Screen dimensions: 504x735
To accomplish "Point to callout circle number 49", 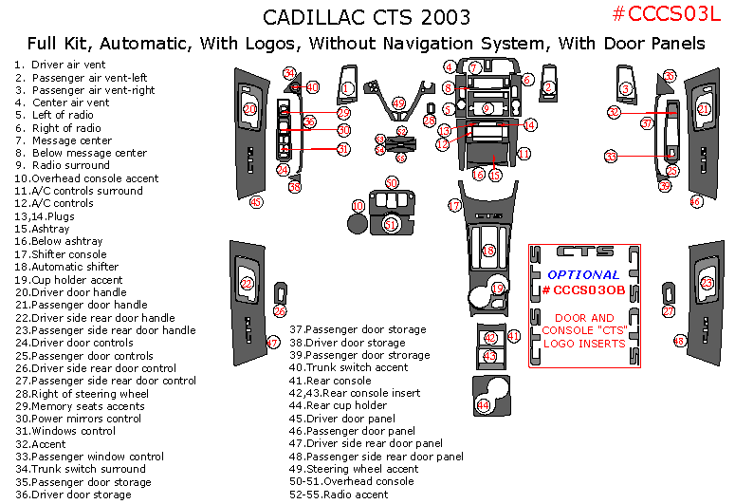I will pos(398,103).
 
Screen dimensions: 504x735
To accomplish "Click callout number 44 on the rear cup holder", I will pos(484,405).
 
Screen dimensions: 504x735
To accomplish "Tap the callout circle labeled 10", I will pos(358,206).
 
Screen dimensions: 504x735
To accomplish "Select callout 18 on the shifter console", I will pos(489,251).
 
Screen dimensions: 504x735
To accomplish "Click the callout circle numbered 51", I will pos(391,224).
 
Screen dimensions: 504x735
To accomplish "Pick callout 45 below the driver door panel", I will pos(255,202).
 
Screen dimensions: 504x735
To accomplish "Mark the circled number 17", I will pos(454,205).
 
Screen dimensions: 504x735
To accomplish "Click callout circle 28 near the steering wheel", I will pos(429,121).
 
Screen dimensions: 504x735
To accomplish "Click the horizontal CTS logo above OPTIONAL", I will pos(584,252).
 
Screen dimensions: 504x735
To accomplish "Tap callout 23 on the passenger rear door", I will pos(707,283).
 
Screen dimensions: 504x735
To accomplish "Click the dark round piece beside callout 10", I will pos(358,224).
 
